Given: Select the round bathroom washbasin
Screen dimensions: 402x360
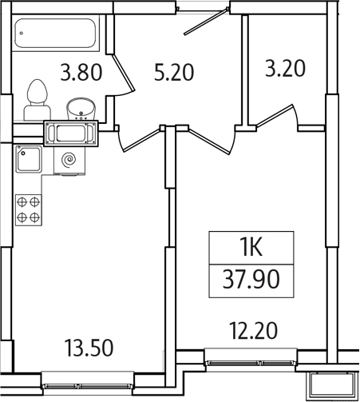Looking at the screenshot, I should tap(80, 106).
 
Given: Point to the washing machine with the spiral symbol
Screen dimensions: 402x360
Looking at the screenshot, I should tap(69, 159).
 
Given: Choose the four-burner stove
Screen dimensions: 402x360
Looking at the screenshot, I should tap(30, 209).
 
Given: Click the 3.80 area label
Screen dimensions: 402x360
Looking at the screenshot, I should tap(81, 73).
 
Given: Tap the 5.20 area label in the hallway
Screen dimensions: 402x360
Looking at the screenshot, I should tap(174, 73).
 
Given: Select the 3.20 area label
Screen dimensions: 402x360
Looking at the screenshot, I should tap(285, 68).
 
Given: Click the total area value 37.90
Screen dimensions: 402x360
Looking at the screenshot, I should tap(251, 281).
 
